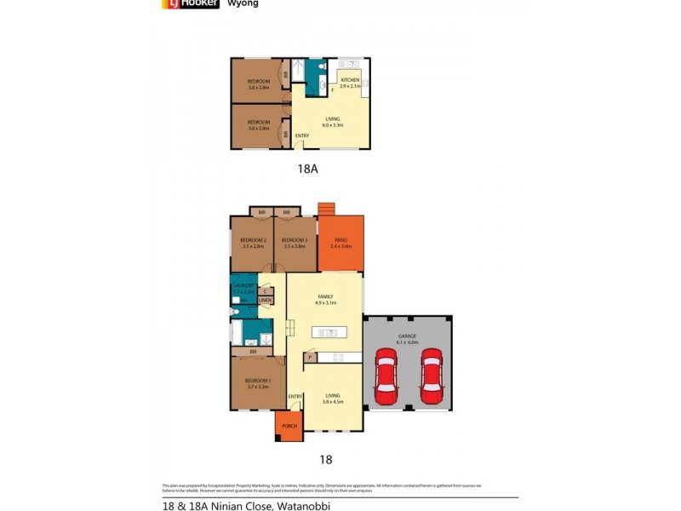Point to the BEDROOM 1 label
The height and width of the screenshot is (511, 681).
click(x=258, y=380)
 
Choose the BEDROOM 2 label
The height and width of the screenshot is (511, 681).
click(x=253, y=240)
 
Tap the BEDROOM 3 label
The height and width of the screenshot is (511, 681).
click(x=294, y=240)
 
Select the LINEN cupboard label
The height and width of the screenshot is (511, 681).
click(x=266, y=301)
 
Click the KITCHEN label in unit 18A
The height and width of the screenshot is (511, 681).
click(x=351, y=79)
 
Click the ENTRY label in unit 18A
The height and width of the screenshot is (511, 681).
click(x=302, y=135)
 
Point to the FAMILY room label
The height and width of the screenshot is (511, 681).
click(x=325, y=296)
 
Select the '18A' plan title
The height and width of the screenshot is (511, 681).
click(x=307, y=169)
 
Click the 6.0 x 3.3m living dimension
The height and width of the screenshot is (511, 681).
click(x=332, y=125)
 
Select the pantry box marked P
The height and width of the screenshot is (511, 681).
click(x=311, y=358)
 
